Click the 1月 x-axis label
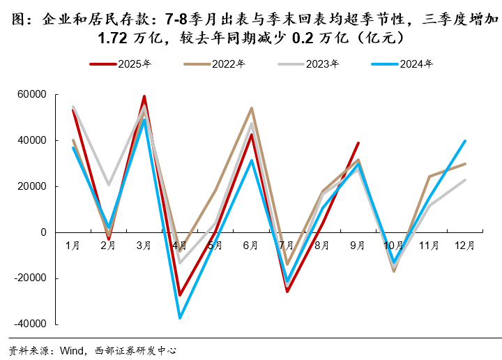click(73, 246)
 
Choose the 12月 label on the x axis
click(465, 246)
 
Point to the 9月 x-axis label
click(358, 246)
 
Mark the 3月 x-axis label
click(144, 246)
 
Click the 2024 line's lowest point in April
click(180, 318)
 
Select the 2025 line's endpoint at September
click(358, 143)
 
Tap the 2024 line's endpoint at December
click(465, 141)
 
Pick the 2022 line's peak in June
click(252, 108)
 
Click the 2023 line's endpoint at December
click(465, 180)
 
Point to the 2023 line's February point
click(109, 185)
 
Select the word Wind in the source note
click(73, 351)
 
